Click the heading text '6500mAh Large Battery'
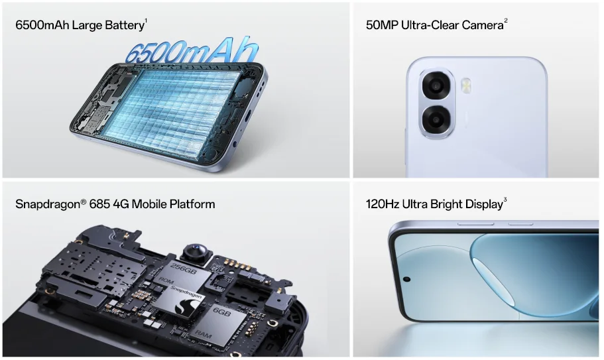click(x=80, y=25)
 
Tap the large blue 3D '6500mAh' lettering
click(x=192, y=50)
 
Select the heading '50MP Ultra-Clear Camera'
click(x=434, y=25)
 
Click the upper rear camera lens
click(x=436, y=86)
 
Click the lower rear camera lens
click(x=436, y=120)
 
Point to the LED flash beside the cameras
click(x=466, y=86)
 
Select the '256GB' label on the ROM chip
click(x=184, y=269)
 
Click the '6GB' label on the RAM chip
click(x=221, y=312)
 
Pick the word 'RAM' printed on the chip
click(x=203, y=333)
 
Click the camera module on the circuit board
click(x=196, y=252)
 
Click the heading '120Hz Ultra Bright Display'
click(x=434, y=204)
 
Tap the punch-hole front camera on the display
click(x=406, y=278)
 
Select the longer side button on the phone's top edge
click(x=475, y=223)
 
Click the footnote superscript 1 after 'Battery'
click(x=146, y=21)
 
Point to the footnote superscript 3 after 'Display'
click(x=505, y=200)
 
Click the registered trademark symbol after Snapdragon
click(x=84, y=201)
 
